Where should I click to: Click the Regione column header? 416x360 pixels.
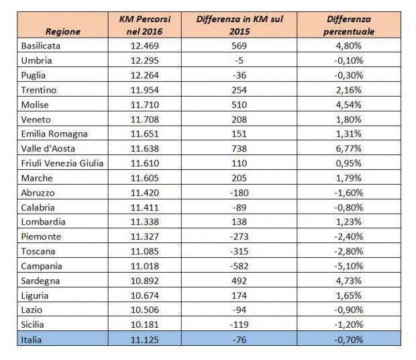[x=64, y=31]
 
